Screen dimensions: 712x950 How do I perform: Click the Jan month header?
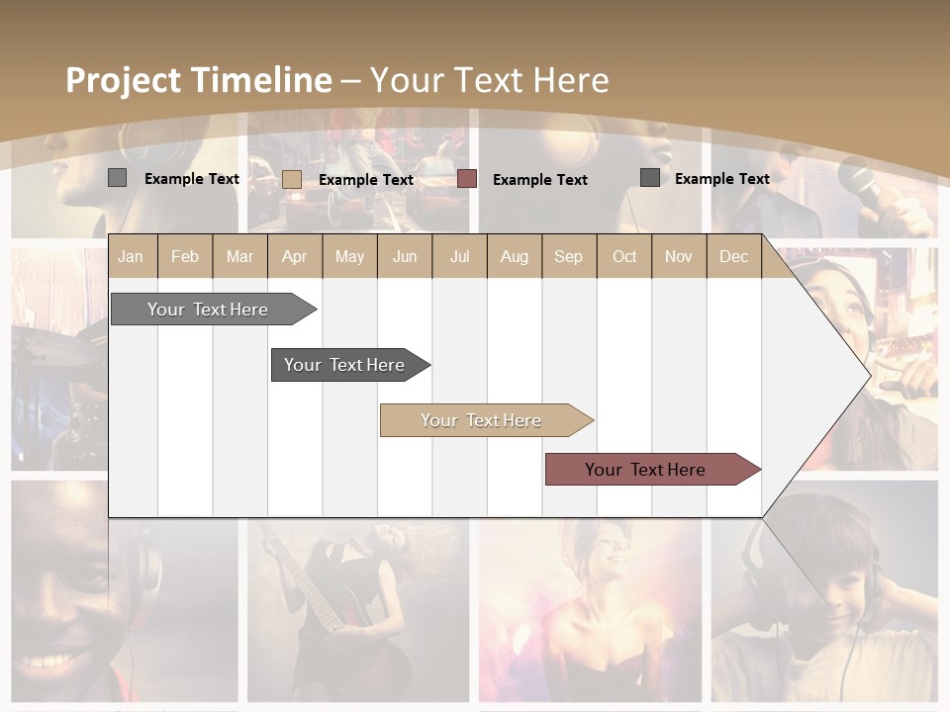131,256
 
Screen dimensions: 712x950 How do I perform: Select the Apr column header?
294,256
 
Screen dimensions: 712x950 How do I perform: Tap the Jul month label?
459,256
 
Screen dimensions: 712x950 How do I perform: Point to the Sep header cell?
568,256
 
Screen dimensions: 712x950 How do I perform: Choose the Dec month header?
733,256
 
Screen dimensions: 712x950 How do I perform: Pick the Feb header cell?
185,256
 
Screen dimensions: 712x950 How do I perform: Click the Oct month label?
624,256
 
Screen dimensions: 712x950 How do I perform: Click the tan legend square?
291,179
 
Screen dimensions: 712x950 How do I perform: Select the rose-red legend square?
467,179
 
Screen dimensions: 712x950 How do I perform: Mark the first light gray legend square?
117,178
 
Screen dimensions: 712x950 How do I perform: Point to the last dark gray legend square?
650,178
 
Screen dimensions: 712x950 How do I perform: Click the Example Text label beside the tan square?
366,180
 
